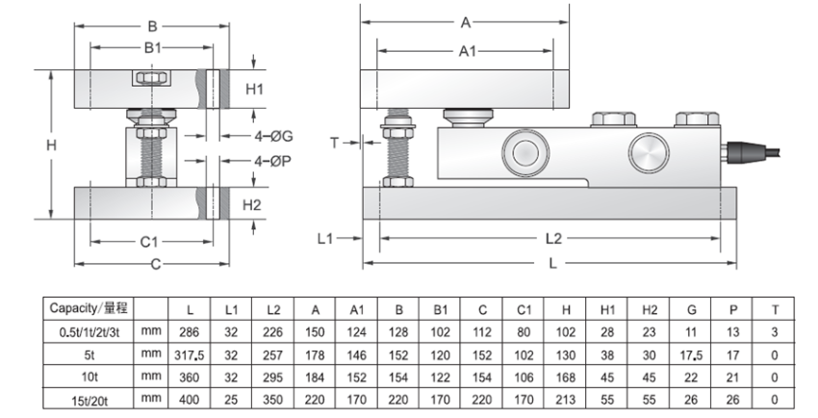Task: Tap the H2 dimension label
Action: click(252, 204)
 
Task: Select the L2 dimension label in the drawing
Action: click(552, 237)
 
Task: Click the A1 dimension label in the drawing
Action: click(468, 51)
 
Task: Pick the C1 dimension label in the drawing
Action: click(149, 242)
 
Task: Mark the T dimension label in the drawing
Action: click(335, 143)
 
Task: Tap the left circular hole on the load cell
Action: click(524, 151)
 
